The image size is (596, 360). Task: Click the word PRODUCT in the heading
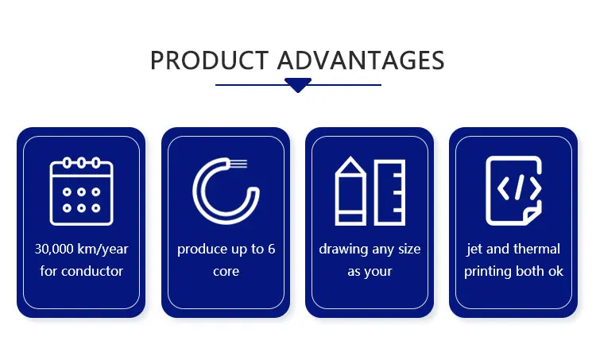click(x=210, y=60)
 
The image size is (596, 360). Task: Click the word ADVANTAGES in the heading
click(x=361, y=60)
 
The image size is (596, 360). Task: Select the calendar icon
click(x=81, y=192)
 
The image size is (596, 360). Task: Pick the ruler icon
click(x=389, y=192)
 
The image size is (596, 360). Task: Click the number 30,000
click(x=54, y=250)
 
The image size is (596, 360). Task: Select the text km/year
click(x=103, y=250)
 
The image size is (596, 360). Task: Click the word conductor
click(x=92, y=272)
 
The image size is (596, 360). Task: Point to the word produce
click(x=203, y=250)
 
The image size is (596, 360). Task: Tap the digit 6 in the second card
click(x=271, y=249)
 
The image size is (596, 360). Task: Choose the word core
click(x=226, y=272)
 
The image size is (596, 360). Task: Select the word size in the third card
click(x=409, y=249)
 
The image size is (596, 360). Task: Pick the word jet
click(x=474, y=250)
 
